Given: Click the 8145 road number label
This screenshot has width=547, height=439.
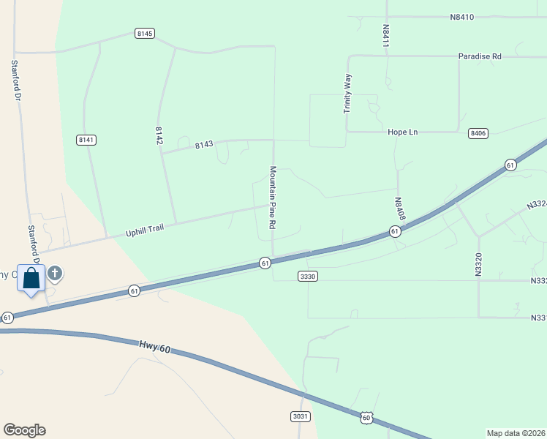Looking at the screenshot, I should (144, 34).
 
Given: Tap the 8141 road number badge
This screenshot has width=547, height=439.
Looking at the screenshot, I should (86, 139).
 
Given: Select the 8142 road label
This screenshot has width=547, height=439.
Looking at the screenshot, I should (159, 135).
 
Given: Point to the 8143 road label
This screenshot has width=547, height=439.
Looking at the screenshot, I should (204, 145).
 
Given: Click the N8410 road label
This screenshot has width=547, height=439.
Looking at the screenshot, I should (462, 17).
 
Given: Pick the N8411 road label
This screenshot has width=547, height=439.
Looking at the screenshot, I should (385, 36).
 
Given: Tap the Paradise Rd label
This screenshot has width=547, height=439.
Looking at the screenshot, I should (480, 56).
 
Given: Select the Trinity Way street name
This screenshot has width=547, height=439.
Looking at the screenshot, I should (348, 93).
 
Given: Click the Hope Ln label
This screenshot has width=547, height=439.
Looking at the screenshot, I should (402, 132).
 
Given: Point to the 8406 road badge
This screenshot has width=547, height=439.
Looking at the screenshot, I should (478, 132).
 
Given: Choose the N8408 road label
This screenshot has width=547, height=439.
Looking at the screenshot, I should (399, 209).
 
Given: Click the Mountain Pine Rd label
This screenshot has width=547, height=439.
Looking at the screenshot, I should (272, 198).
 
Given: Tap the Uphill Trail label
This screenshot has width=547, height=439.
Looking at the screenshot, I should (144, 229).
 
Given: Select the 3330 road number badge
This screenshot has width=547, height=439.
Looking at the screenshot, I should (308, 276).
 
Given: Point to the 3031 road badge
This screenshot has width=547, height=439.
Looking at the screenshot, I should (301, 416).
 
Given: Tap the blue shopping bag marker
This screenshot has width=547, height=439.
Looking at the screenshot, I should (31, 279).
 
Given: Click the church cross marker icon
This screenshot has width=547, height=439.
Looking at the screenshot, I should (54, 274).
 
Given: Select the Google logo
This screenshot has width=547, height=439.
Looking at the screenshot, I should (24, 430).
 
